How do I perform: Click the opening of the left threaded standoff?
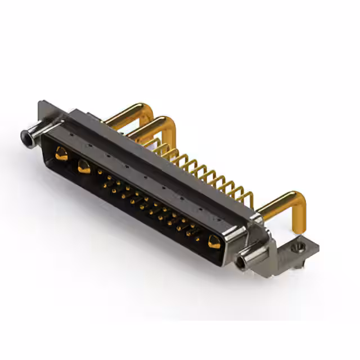[25, 136]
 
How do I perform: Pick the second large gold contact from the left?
[84, 166]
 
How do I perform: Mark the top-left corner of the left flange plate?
[39, 102]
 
